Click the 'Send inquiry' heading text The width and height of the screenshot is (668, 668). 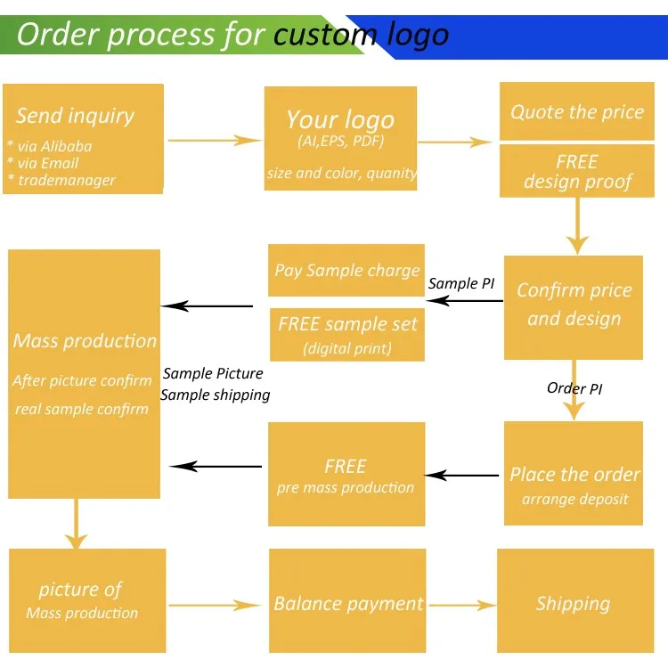point(75,116)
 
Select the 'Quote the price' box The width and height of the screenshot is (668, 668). point(577,111)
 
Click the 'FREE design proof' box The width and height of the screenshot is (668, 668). point(577,171)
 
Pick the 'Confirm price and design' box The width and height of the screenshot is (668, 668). point(574,306)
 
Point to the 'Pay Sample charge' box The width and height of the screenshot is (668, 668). point(346,270)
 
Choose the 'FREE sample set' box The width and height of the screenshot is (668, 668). point(346,334)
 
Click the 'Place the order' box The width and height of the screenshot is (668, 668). point(574,485)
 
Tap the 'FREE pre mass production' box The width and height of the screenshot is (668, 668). point(346,475)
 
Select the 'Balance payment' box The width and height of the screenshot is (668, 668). point(348,604)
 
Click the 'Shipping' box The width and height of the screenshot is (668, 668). point(573,604)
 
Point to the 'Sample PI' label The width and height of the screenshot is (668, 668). point(461,283)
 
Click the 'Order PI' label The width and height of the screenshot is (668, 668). point(574,388)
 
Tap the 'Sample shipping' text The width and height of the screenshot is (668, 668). point(216,395)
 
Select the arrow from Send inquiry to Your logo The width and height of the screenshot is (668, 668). point(214,140)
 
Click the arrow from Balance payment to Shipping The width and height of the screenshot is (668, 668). point(460,605)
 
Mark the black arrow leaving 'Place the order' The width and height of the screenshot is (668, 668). point(463,476)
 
